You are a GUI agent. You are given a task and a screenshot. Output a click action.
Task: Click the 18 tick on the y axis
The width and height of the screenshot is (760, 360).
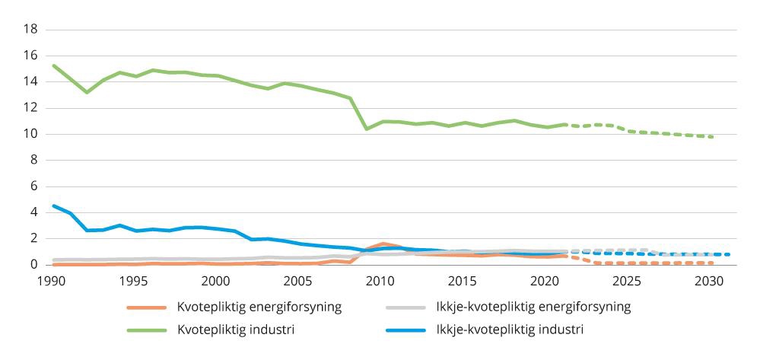[31, 30]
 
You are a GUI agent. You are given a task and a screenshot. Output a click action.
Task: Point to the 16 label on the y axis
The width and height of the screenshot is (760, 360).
[31, 56]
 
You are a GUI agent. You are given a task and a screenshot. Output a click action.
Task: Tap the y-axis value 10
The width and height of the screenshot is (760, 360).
[31, 134]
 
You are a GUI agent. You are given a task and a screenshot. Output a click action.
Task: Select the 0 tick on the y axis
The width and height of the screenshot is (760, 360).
[34, 264]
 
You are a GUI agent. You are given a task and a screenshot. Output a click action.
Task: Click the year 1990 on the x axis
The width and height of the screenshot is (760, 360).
[52, 281]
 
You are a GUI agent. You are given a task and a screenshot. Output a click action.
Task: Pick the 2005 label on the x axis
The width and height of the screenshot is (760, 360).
[297, 281]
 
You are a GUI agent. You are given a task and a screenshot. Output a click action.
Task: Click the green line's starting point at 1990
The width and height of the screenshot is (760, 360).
[53, 65]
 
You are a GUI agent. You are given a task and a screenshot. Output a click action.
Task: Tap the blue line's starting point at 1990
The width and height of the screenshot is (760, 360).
[53, 205]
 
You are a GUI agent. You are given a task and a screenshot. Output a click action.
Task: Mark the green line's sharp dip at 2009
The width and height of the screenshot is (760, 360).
[367, 129]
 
